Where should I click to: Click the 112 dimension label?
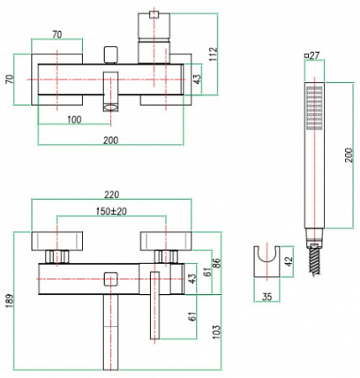[213, 54]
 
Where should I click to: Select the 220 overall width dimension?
[112, 194]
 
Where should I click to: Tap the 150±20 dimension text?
[112, 212]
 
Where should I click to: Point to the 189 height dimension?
[9, 301]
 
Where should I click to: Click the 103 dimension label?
[217, 332]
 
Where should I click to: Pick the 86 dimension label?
[217, 263]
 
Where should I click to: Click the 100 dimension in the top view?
[74, 119]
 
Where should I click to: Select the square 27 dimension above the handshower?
[312, 55]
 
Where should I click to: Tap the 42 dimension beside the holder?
[289, 261]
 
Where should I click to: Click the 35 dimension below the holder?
[267, 297]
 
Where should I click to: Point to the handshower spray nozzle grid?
[315, 108]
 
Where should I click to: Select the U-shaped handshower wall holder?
[267, 261]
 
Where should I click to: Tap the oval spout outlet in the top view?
[111, 108]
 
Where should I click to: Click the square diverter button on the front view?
[111, 279]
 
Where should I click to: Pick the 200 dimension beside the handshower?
[348, 155]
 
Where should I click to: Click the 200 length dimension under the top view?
[111, 139]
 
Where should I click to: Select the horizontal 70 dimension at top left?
[57, 34]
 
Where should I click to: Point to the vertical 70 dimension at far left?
[9, 79]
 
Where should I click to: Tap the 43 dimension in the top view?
[197, 79]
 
